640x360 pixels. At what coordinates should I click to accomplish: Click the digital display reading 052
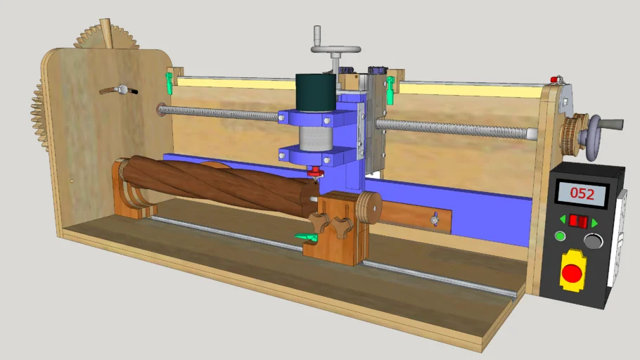coord(582,193)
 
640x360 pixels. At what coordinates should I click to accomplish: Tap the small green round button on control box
coord(560,236)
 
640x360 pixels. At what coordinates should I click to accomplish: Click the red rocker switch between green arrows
coord(578,221)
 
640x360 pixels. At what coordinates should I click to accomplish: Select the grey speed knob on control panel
coord(593,240)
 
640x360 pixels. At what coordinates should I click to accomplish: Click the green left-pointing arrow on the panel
coord(563,219)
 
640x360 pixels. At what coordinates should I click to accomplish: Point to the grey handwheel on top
coord(335,50)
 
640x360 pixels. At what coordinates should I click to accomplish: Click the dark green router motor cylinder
coord(316,92)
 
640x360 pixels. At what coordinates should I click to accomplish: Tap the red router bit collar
coord(316,172)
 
